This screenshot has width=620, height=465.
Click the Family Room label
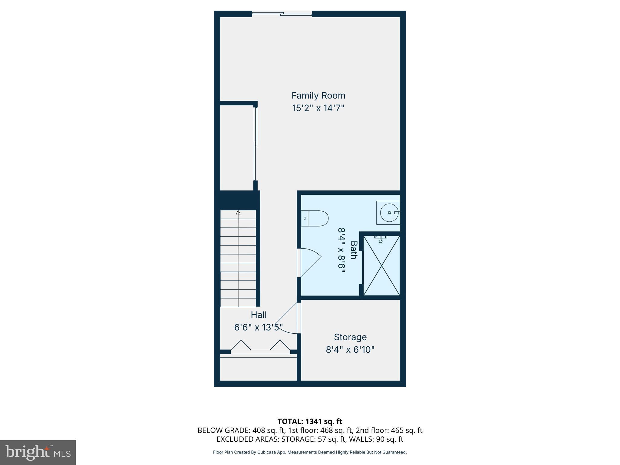pos(318,96)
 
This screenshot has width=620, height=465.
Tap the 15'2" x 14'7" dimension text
pos(318,108)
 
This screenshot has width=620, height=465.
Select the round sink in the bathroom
pos(389,213)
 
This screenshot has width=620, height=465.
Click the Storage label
pos(350,337)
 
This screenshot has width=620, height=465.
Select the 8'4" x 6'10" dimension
pos(350,350)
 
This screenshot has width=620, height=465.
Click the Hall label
pos(259,315)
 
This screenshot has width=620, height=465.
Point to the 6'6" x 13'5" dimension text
pos(259,328)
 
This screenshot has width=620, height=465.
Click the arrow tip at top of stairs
pos(238,213)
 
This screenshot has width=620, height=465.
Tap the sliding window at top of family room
pos(282,14)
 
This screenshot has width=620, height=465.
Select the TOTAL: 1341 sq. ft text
pos(310,421)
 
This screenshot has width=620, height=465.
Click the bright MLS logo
pos(38,452)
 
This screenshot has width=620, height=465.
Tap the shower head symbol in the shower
pos(381,240)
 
